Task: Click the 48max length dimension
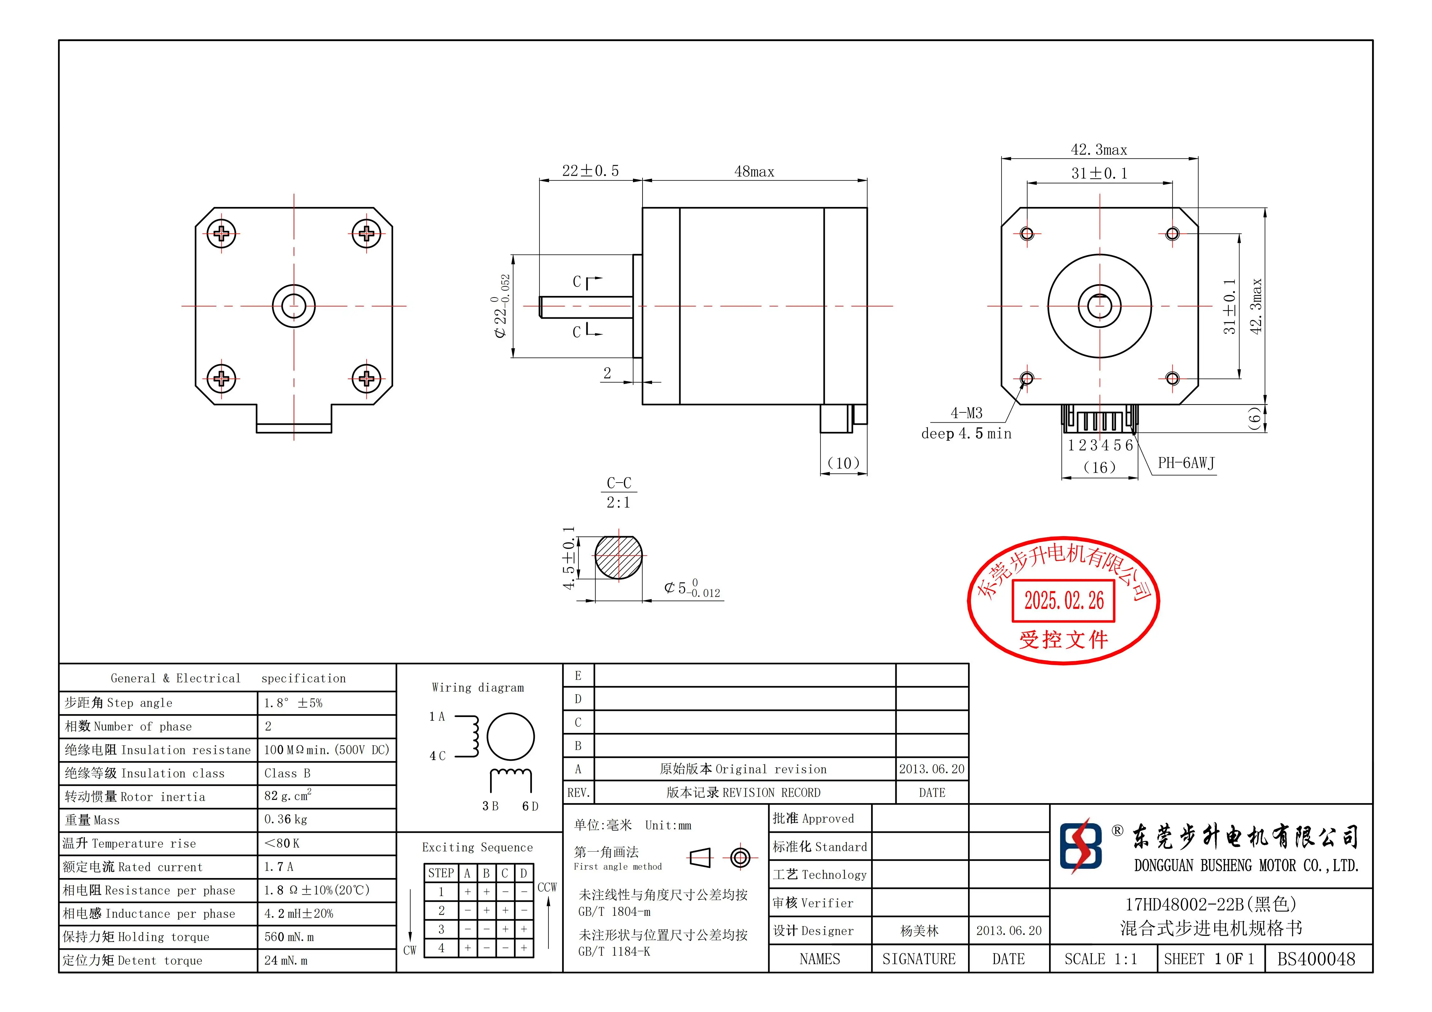(x=754, y=172)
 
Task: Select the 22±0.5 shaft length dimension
(x=590, y=171)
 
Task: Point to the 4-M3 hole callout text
(x=966, y=413)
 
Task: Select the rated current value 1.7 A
(x=278, y=867)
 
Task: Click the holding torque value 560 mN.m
(x=289, y=937)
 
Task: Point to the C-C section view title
(x=619, y=483)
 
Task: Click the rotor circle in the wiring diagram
(x=510, y=737)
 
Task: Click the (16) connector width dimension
(x=1099, y=467)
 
